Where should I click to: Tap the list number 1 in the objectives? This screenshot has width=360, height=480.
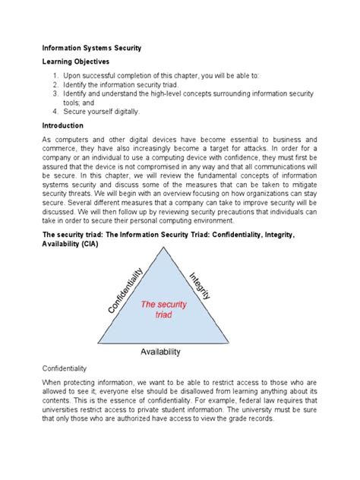click(x=55, y=77)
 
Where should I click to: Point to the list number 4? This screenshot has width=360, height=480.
click(x=55, y=111)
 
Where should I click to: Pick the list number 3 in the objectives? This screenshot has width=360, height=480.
click(x=55, y=94)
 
